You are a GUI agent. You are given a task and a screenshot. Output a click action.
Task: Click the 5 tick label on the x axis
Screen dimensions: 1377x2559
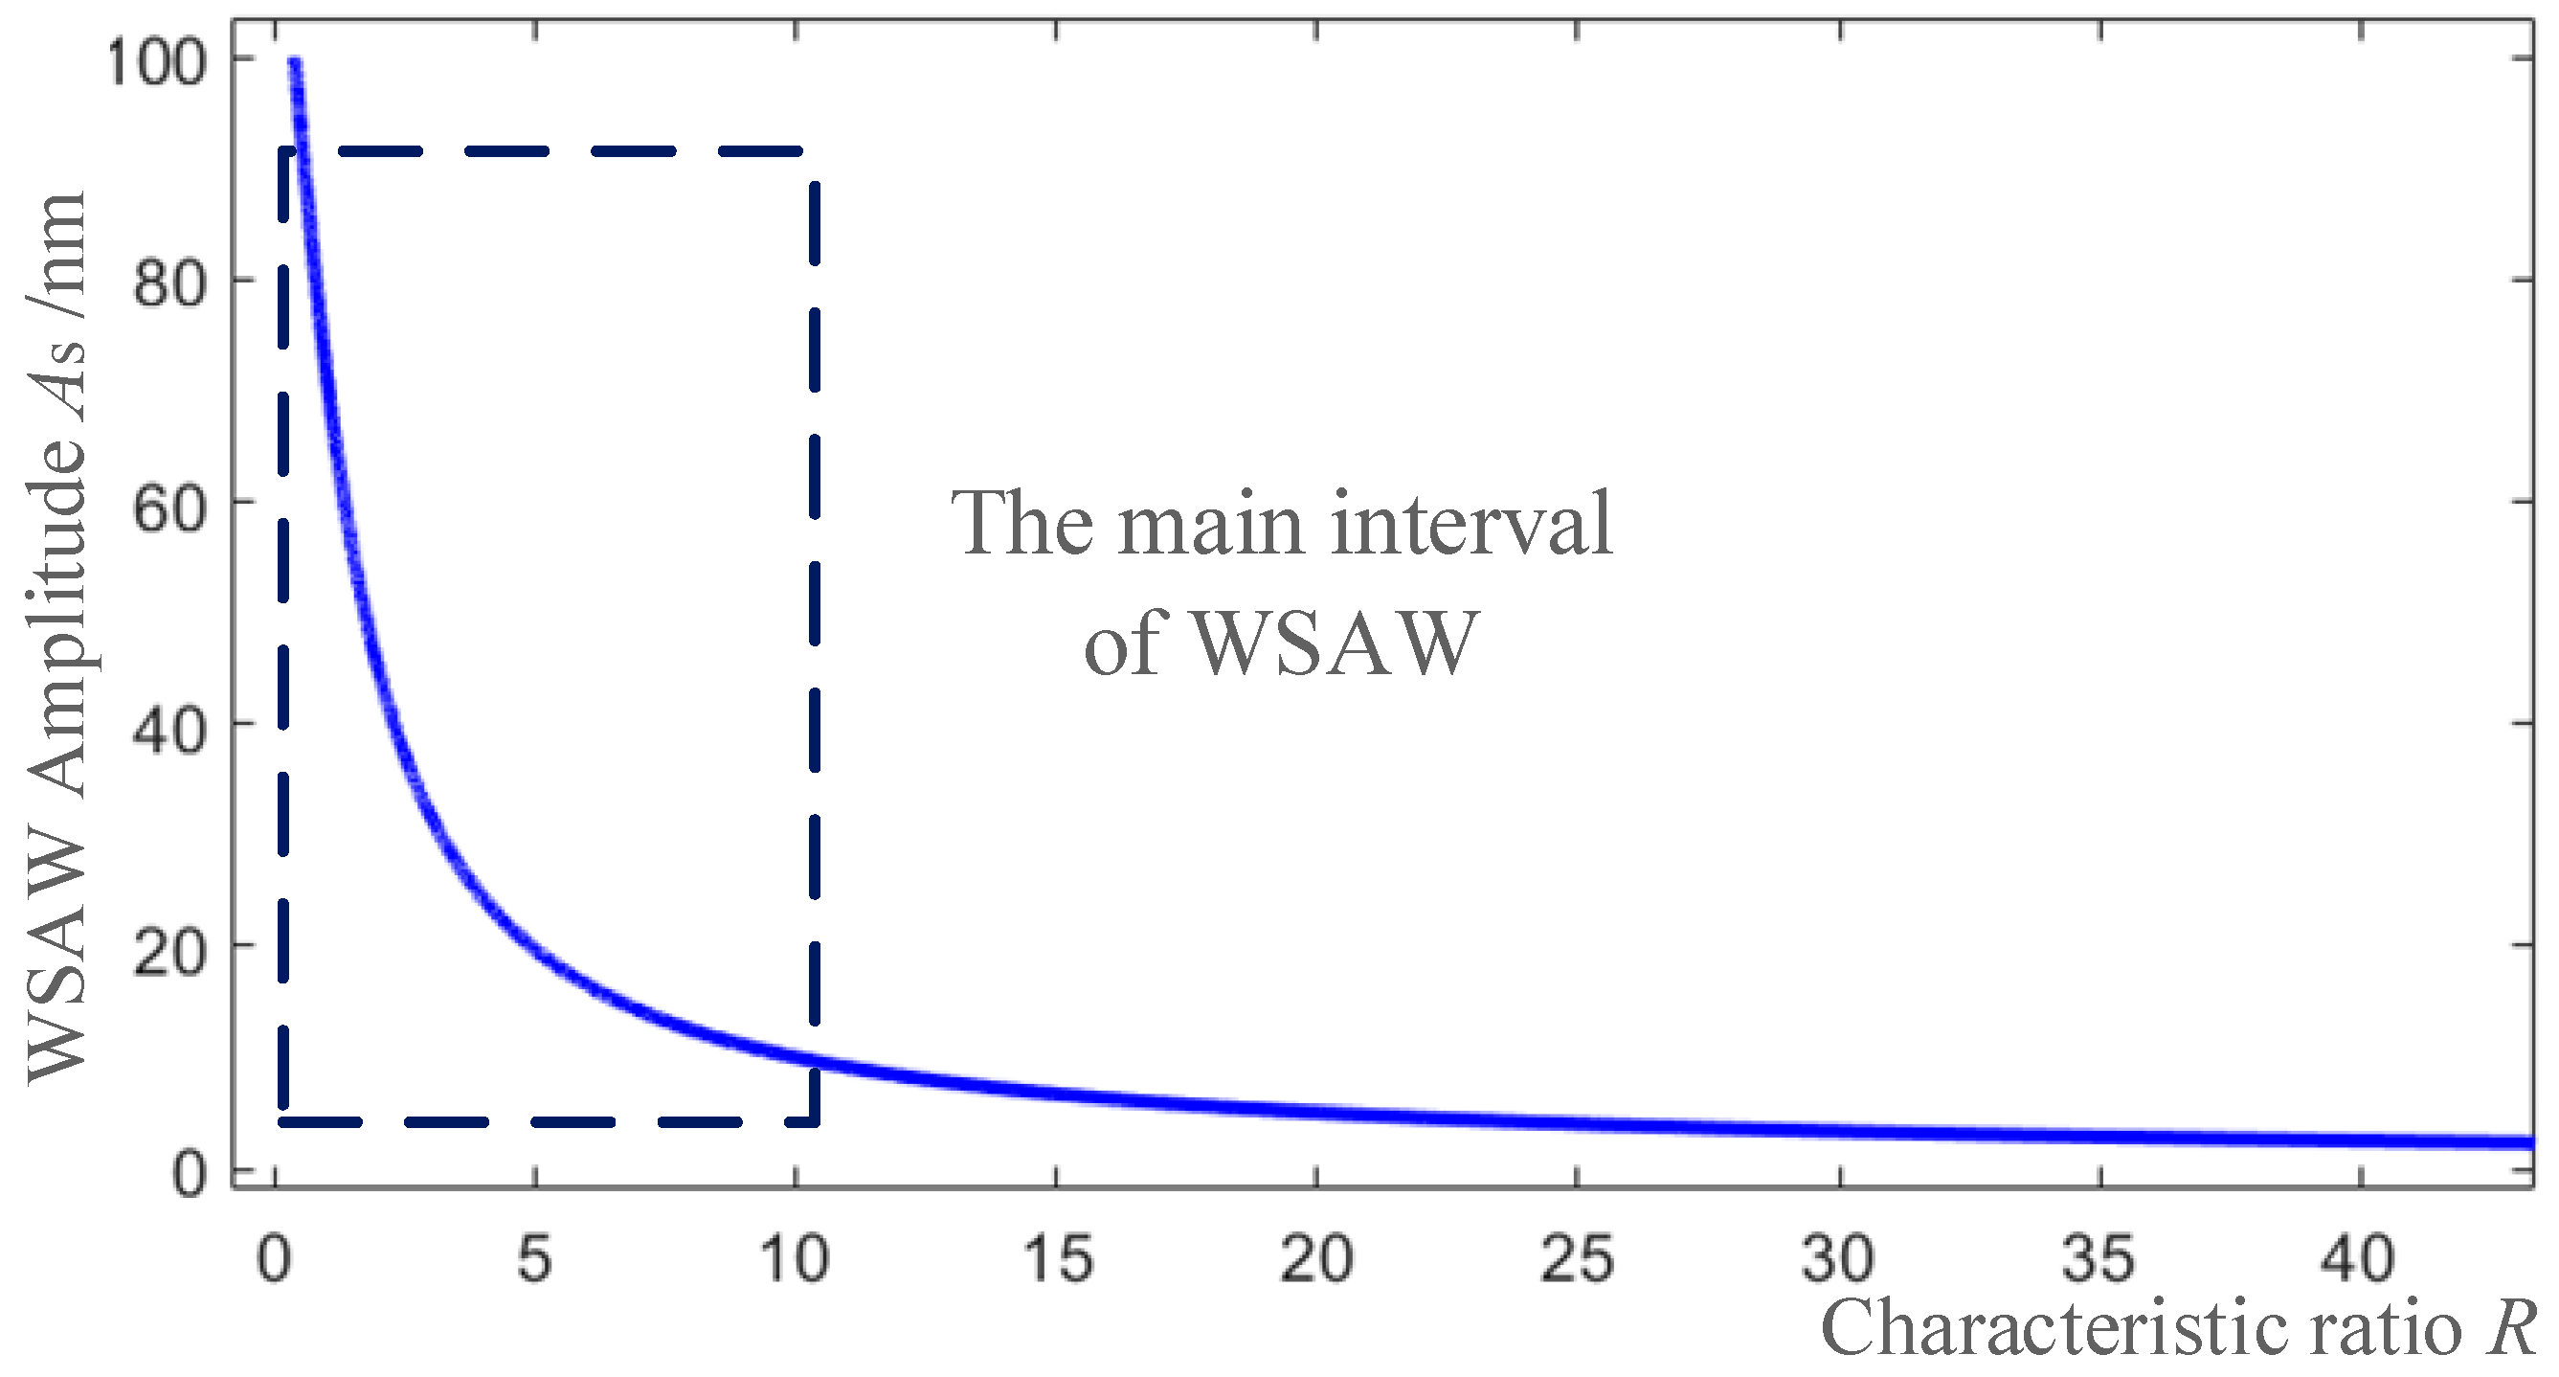pos(534,1257)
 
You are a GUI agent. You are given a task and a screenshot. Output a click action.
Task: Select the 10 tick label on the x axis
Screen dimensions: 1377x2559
pos(795,1257)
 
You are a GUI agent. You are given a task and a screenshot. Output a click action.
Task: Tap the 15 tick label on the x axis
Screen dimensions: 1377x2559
pos(1057,1257)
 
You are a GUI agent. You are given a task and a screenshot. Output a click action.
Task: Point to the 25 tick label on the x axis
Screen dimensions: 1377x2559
pos(1578,1257)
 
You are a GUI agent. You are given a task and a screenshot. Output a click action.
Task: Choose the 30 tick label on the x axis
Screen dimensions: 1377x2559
pos(1838,1257)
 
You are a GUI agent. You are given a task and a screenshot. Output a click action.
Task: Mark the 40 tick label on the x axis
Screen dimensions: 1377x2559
pos(2359,1257)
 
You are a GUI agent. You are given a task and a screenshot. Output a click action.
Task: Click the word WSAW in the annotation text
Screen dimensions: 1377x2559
pos(1331,642)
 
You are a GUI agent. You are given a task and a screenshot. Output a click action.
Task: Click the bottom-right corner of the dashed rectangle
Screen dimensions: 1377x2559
pos(816,1121)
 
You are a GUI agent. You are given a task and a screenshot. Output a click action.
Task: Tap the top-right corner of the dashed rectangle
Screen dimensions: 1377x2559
pos(816,151)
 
